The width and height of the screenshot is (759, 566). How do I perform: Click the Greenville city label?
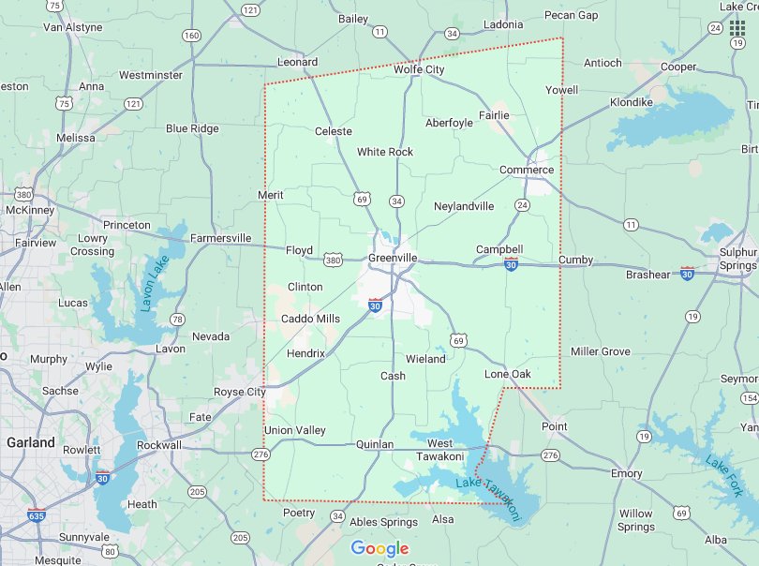[x=393, y=258]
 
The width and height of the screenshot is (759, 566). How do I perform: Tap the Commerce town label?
[x=526, y=170]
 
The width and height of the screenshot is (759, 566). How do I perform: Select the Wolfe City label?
[x=419, y=69]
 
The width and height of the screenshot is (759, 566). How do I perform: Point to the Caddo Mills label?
[x=311, y=319]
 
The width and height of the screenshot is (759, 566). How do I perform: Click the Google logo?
[x=379, y=548]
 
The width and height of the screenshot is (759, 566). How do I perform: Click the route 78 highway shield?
[x=177, y=320]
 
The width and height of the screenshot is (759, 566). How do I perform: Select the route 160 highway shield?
[x=191, y=36]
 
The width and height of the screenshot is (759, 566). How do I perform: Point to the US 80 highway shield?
[x=110, y=551]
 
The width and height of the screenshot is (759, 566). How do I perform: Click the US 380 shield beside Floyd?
[x=332, y=259]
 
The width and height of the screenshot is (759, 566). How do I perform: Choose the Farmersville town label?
[x=220, y=238]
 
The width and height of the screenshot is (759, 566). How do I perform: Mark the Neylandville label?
[x=464, y=205]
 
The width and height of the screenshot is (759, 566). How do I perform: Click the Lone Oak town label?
[x=507, y=374]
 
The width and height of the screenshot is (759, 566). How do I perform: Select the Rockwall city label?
[x=158, y=445]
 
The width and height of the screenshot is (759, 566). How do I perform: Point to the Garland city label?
[x=30, y=441]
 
